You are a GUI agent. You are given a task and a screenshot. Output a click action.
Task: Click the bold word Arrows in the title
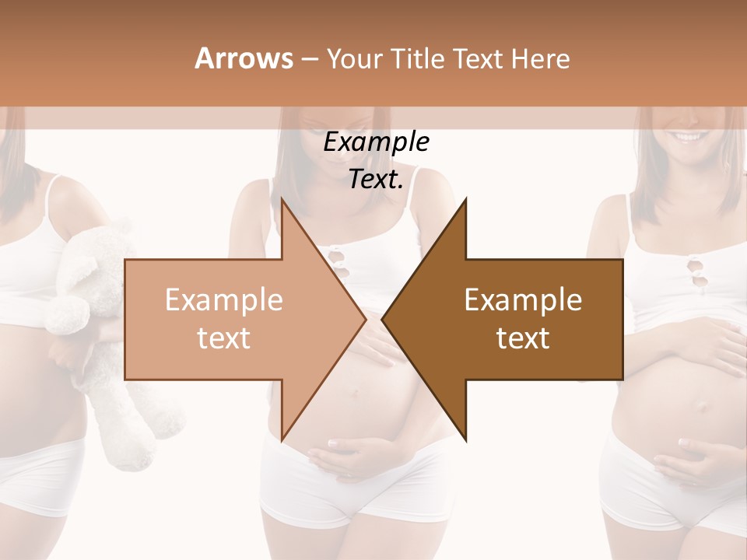[244, 58]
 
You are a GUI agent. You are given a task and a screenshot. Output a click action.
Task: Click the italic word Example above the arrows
[376, 142]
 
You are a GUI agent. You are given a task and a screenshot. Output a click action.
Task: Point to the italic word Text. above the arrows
[376, 180]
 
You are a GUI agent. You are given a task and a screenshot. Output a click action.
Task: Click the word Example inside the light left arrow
[224, 299]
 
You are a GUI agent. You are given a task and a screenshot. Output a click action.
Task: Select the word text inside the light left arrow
[224, 338]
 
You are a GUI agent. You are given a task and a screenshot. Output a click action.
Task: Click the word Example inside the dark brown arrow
[523, 299]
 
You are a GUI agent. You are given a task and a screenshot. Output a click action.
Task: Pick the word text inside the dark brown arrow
[523, 338]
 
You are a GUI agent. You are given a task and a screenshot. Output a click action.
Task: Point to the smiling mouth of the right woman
[688, 138]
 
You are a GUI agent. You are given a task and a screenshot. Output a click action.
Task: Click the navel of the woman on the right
[700, 405]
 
